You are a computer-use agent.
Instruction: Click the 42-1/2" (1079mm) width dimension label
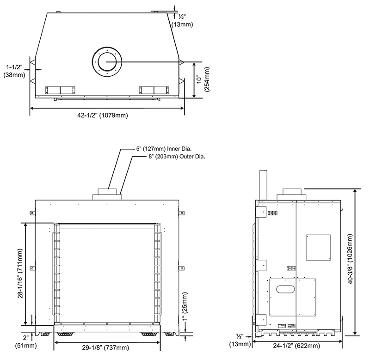tap(103, 115)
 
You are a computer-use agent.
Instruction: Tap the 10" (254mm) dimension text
tap(203, 79)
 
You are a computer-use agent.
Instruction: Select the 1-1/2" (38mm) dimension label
tap(14, 71)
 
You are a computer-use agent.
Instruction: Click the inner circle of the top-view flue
tap(107, 62)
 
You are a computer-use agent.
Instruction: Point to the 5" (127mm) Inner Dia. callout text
tap(164, 149)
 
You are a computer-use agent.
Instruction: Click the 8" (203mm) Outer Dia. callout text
tap(177, 157)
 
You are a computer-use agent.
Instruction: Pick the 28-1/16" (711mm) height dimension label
tap(20, 274)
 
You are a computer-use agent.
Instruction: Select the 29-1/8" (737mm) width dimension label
tap(105, 348)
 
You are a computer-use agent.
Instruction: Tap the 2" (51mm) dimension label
tap(26, 342)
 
